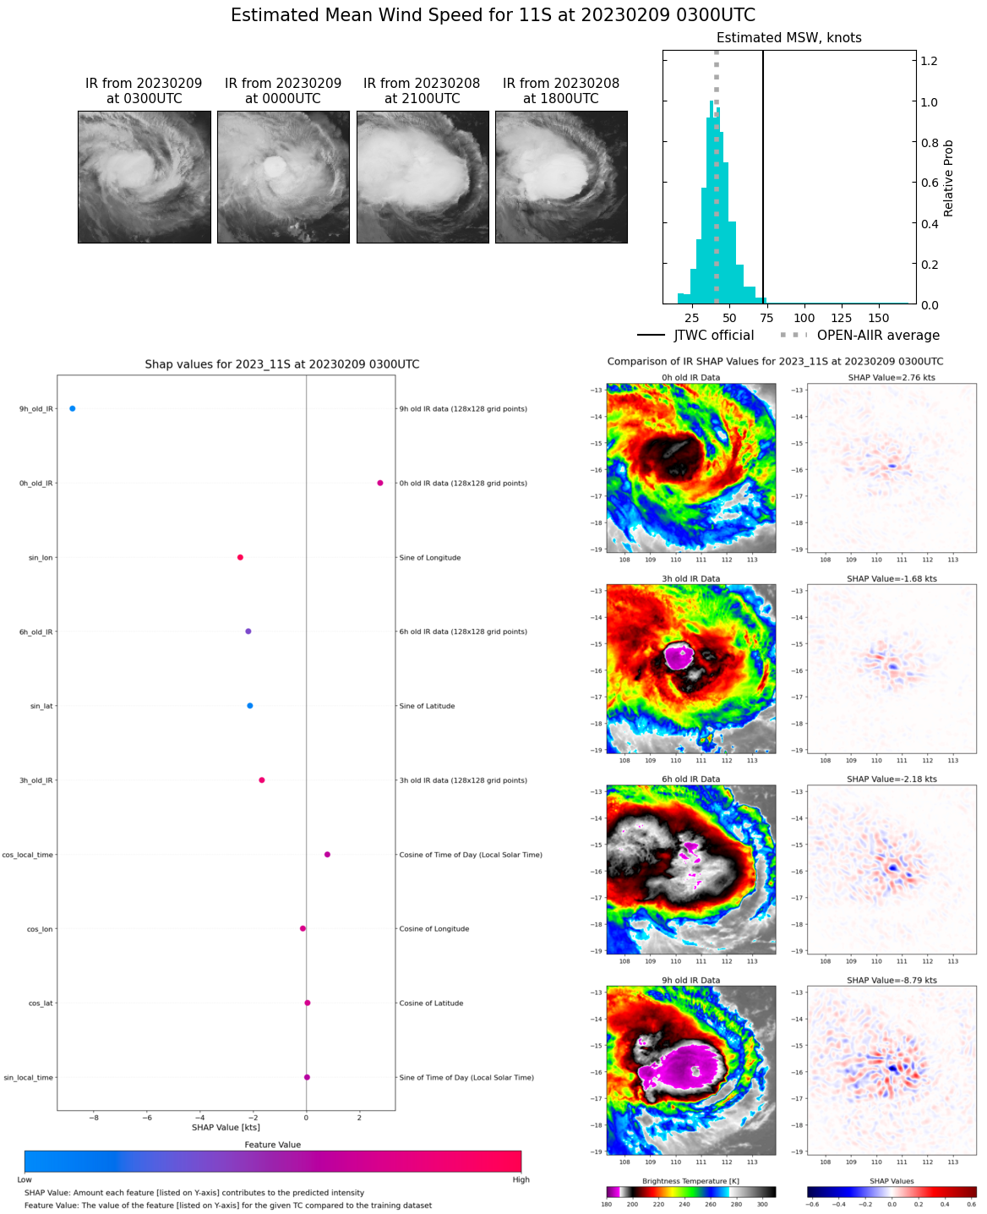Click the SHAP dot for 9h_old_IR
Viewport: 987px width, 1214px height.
click(73, 408)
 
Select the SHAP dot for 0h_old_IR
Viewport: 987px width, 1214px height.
click(380, 483)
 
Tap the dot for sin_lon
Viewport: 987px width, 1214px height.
click(240, 557)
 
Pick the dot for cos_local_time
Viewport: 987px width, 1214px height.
click(327, 854)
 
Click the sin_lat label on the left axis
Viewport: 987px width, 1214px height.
click(41, 706)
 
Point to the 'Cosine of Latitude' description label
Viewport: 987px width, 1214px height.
click(431, 1003)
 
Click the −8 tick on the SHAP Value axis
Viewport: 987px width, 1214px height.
click(93, 1118)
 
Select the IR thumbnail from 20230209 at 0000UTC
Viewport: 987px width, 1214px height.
click(283, 178)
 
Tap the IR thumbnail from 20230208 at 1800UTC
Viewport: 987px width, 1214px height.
click(561, 178)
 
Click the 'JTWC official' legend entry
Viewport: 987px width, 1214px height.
click(713, 336)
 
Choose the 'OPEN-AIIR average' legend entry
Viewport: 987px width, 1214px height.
click(877, 336)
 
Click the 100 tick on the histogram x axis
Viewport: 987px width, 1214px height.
click(804, 318)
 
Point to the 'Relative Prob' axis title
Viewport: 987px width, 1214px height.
click(948, 178)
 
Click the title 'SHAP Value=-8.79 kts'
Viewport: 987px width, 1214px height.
click(892, 981)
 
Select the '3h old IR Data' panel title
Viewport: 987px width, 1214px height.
click(691, 579)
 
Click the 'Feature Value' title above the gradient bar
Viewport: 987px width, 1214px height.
click(273, 1145)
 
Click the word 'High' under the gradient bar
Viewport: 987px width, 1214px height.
click(521, 1179)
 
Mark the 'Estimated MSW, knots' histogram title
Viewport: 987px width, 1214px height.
click(789, 38)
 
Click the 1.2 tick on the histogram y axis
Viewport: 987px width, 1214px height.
click(929, 61)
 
